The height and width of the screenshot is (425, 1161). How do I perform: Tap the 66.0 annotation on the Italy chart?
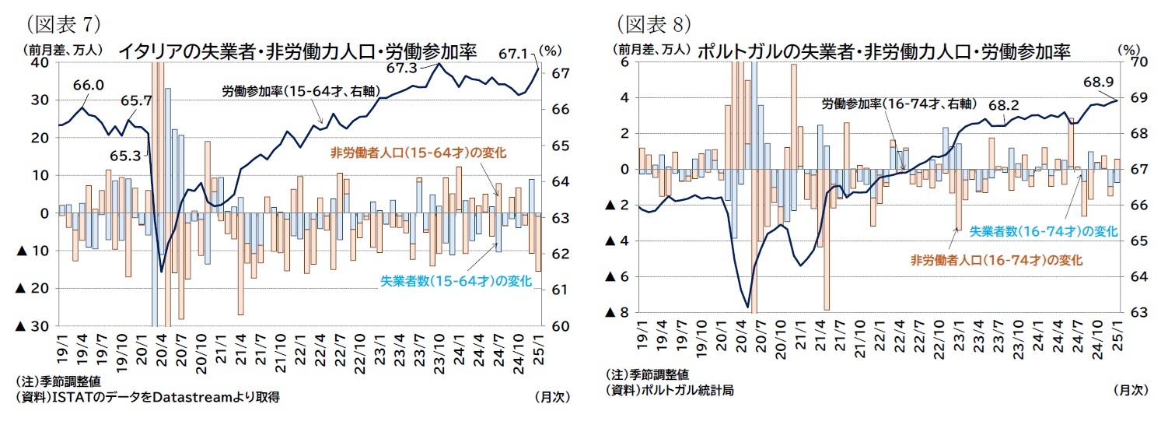[x=88, y=83]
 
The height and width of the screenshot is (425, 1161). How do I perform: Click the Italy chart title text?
[x=297, y=51]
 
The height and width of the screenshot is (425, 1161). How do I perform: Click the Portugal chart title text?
[x=884, y=51]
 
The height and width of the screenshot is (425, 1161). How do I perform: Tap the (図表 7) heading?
[x=59, y=24]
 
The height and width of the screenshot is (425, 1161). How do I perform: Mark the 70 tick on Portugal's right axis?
[x=1141, y=61]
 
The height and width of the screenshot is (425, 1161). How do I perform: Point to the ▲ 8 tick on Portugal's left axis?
[x=617, y=312]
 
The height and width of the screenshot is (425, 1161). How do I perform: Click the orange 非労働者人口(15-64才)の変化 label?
[x=418, y=153]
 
